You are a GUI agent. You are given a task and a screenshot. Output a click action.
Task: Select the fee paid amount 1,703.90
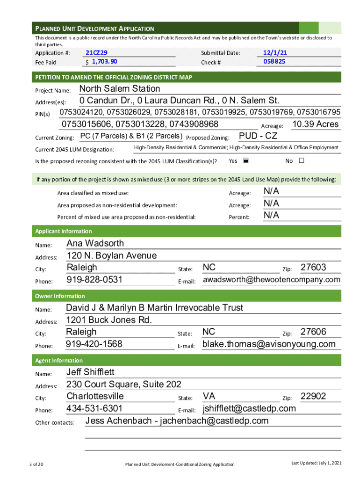[x=104, y=62]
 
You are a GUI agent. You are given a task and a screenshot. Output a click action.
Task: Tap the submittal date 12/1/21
[x=275, y=53]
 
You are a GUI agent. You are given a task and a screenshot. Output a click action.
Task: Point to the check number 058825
[x=274, y=61]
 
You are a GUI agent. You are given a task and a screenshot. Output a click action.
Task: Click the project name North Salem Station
[x=120, y=89]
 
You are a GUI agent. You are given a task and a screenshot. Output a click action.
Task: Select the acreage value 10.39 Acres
[x=315, y=124]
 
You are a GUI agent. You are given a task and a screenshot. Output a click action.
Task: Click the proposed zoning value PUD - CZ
[x=258, y=136]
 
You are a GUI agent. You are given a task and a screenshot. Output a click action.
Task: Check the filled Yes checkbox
[x=246, y=161]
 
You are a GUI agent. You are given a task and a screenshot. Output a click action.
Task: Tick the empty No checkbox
[x=301, y=161]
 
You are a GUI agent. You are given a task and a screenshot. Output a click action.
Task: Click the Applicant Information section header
[x=64, y=231]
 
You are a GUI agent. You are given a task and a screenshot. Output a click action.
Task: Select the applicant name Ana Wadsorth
[x=95, y=243]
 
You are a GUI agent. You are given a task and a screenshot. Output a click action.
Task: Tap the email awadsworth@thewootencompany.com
[x=271, y=280]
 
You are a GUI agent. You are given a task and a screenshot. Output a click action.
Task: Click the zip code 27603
[x=313, y=268]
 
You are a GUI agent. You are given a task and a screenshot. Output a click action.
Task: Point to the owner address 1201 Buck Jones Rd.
[x=109, y=320]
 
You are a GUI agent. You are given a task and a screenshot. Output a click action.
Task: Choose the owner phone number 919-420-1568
[x=94, y=344]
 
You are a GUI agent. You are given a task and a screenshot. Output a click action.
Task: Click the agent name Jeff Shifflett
[x=90, y=372]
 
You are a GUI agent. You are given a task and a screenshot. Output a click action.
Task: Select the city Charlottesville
[x=95, y=396]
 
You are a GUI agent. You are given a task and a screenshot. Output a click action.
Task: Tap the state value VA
[x=209, y=396]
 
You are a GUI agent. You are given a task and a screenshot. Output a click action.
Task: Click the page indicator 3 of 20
[x=36, y=464]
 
